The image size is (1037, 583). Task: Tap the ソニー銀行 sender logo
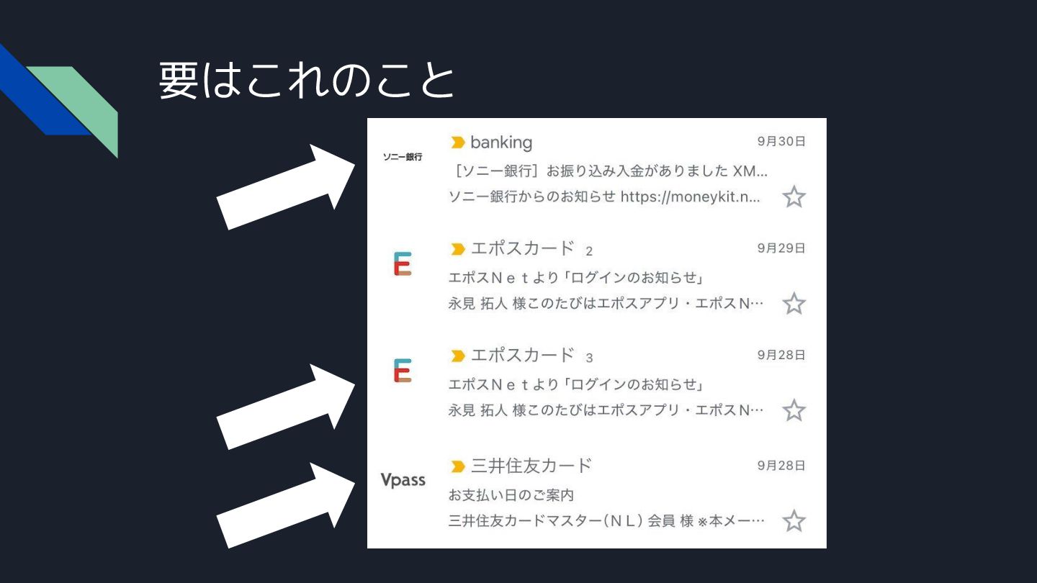pos(403,157)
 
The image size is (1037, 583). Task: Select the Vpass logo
pos(403,480)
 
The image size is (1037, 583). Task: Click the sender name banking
pos(501,142)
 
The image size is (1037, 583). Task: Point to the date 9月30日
pos(781,142)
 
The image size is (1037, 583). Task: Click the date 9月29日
pos(781,248)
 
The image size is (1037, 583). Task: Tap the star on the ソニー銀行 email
pos(794,196)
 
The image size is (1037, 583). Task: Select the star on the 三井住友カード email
pos(794,520)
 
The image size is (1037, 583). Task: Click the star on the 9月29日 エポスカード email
pos(794,304)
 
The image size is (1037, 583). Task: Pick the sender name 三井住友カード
pos(531,466)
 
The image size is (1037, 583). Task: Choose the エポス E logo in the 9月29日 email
pos(403,264)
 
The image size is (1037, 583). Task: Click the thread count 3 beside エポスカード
pos(589,358)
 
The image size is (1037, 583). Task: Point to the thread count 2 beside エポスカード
pos(589,251)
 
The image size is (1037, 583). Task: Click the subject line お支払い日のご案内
pos(511,495)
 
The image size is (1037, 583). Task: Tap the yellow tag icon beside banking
pos(457,143)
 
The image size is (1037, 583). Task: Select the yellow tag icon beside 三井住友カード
pos(457,466)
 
